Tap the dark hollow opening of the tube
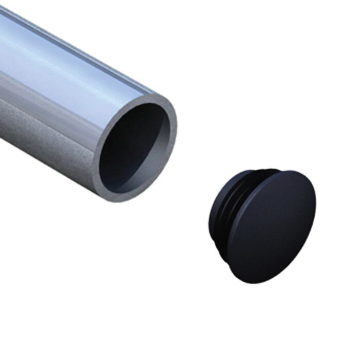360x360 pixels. click(131, 149)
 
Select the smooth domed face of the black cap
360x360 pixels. click(273, 226)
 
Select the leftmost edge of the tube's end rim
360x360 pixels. click(95, 165)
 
